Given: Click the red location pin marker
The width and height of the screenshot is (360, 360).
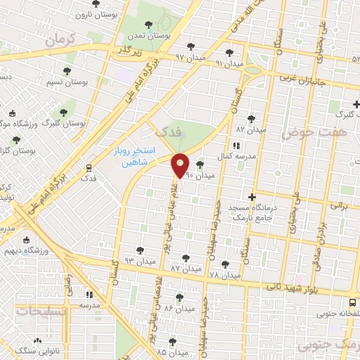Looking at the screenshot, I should pyautogui.click(x=181, y=165).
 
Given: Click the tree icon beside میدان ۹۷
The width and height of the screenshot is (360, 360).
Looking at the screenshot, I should pyautogui.click(x=191, y=47).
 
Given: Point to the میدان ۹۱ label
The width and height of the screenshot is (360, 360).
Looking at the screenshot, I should pyautogui.click(x=229, y=64).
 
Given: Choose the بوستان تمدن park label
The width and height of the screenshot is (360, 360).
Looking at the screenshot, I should pyautogui.click(x=150, y=34).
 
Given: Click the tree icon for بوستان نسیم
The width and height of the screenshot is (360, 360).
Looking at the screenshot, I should pyautogui.click(x=67, y=72).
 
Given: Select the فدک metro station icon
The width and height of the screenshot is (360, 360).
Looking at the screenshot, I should pyautogui.click(x=89, y=168).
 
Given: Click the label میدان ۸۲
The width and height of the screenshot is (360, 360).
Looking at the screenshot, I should pyautogui.click(x=251, y=130).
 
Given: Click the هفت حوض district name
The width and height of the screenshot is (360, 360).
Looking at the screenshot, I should pyautogui.click(x=306, y=131).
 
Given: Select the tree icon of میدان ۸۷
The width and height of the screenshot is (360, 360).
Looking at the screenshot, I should pyautogui.click(x=186, y=258).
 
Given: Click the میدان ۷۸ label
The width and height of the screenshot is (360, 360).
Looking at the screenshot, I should pyautogui.click(x=224, y=274).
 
